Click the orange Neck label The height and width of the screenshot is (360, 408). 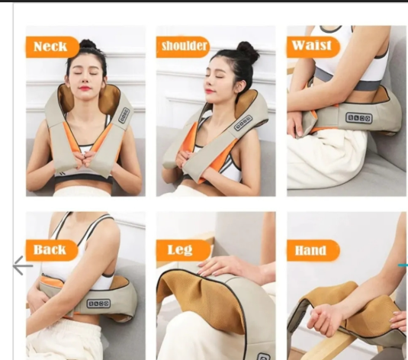pos(53,47)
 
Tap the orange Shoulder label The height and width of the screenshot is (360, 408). pos(183,47)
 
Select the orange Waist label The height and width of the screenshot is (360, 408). pos(313,47)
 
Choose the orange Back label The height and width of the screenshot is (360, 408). pos(52,250)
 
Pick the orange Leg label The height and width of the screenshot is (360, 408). pos(183,250)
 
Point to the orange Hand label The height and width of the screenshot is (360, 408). pos(313,250)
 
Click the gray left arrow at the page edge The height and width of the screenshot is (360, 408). pos(23,265)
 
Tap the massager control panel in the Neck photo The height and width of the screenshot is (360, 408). pos(124,115)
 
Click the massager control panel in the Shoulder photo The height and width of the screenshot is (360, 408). pos(243,123)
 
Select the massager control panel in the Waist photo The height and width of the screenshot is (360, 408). pos(359,118)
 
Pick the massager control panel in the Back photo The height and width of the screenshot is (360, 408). pos(98,304)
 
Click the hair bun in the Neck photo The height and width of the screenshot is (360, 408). pos(87,45)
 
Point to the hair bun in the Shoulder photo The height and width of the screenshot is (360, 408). pos(248,50)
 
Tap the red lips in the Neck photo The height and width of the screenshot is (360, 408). pos(85,88)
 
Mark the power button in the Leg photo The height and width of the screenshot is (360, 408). pos(263,356)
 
